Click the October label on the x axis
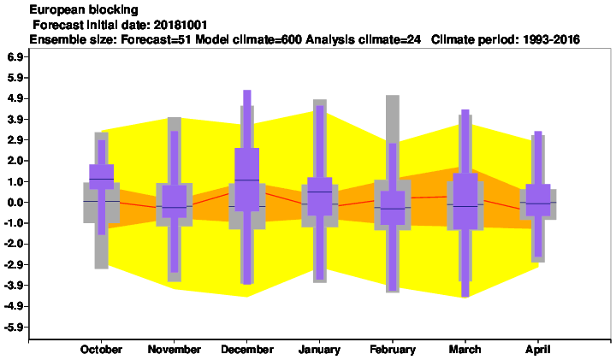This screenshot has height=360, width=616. point(101,350)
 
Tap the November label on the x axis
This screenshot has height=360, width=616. point(174,350)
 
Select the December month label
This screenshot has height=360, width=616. point(247,350)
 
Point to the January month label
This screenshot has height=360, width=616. point(319,350)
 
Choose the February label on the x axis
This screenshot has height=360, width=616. point(393,350)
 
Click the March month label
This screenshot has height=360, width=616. point(465,350)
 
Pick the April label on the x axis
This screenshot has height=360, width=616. point(538,350)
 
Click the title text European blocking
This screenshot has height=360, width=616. point(84,9)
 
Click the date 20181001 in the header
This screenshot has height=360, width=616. point(181,25)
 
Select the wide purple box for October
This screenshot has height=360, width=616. point(101,177)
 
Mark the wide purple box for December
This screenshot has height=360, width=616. point(246,180)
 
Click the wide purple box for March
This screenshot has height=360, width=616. point(465,201)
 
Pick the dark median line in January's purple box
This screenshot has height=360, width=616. point(319,192)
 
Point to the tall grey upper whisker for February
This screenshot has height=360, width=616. point(393,119)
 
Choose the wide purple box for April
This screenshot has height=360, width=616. point(538,200)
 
